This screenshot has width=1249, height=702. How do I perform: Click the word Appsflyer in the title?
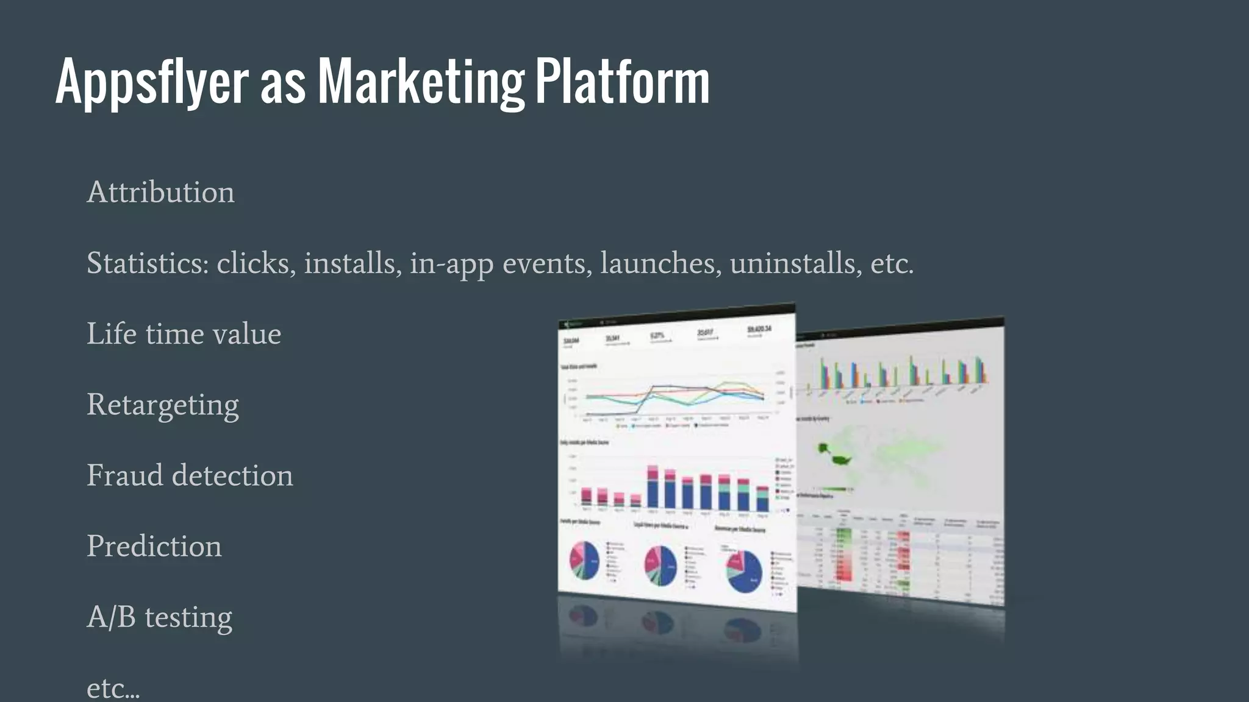[152, 83]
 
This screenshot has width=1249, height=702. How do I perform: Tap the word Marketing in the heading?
[421, 83]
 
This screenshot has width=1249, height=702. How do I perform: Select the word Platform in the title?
[623, 82]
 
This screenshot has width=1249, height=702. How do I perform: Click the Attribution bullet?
[160, 193]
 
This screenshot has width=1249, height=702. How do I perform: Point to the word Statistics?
[148, 263]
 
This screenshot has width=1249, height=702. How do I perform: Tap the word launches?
[657, 263]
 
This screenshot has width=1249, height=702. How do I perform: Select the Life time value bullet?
[184, 334]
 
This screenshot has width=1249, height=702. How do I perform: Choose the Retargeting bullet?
[163, 405]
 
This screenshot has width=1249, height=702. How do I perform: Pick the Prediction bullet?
[154, 546]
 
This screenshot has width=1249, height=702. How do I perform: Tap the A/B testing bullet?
[160, 617]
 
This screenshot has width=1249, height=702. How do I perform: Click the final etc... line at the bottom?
[113, 689]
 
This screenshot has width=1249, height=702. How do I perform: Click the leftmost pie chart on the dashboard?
[584, 561]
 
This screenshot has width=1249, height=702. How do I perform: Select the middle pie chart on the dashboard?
[660, 565]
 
